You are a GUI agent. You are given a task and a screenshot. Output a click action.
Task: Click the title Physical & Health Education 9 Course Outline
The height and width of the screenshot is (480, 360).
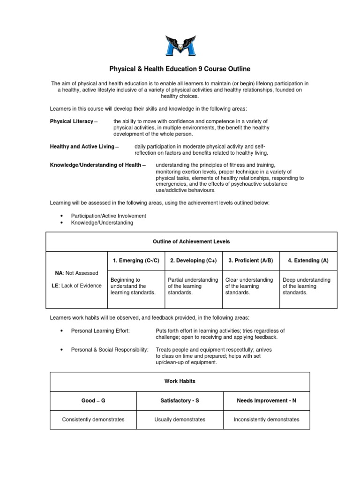point(180,69)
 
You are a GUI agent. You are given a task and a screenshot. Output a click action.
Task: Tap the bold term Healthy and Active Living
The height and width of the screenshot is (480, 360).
point(84,147)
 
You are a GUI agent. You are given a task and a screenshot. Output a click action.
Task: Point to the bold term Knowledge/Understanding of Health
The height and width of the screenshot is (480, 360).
point(98,165)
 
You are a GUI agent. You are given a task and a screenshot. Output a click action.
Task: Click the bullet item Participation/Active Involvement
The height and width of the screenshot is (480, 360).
point(108,216)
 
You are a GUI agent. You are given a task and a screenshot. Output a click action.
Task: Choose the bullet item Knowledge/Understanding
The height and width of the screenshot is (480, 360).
point(102,223)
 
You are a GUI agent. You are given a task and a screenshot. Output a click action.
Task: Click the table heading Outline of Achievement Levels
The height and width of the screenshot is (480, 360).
point(191,241)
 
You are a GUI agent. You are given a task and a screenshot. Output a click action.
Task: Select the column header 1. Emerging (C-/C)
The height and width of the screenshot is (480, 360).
point(136,261)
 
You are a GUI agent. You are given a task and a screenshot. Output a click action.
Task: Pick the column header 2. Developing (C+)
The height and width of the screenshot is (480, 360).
point(194,261)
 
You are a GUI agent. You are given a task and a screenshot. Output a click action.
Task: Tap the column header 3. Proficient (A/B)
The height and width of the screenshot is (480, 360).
point(251,261)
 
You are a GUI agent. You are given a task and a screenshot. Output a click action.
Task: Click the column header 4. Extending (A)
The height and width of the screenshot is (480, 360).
point(308,261)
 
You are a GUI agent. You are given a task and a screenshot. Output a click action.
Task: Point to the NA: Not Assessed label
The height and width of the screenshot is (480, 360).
point(76,273)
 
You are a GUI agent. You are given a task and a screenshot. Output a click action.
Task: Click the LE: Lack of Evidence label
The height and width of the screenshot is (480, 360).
point(76,286)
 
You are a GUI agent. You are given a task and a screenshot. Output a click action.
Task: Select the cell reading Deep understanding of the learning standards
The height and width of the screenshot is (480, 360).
point(307,286)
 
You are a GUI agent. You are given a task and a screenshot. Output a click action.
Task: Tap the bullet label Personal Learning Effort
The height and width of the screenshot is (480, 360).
point(100,331)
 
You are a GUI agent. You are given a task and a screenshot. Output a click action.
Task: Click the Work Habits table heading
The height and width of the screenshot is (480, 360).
point(180,382)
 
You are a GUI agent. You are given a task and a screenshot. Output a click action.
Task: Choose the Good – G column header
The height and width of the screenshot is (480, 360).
point(93,401)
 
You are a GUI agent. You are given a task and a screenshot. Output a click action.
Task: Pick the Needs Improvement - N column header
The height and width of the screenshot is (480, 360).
point(266,401)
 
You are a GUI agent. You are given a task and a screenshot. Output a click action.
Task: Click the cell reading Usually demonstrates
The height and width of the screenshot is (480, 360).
point(180,420)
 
